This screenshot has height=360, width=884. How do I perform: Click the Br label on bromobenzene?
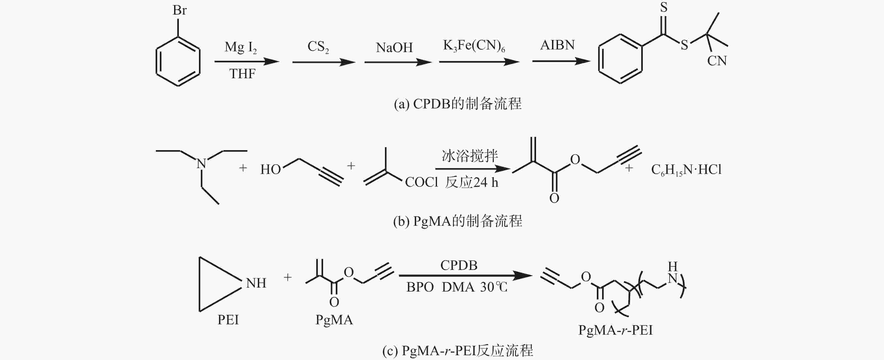coord(179,10)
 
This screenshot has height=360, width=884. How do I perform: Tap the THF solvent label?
coord(242,74)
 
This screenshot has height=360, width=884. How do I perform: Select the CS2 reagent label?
coord(318,47)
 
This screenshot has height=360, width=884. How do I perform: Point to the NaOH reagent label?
coord(394,47)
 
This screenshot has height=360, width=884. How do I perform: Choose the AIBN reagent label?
coord(557,45)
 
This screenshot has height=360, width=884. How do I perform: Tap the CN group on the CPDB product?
coord(717,61)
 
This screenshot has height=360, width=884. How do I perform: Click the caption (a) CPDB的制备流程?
coord(457,104)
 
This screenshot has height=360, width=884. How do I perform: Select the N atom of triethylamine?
coord(201,164)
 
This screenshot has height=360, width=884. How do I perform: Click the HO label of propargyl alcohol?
coord(271,169)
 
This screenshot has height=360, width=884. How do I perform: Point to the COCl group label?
coord(421,182)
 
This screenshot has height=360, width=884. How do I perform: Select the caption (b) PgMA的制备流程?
coord(457,221)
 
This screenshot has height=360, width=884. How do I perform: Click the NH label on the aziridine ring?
coord(256,283)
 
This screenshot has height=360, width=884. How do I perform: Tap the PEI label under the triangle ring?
coord(228,320)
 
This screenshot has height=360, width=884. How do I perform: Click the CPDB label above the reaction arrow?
coord(459,265)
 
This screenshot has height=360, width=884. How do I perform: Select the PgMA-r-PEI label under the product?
coord(615,330)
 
